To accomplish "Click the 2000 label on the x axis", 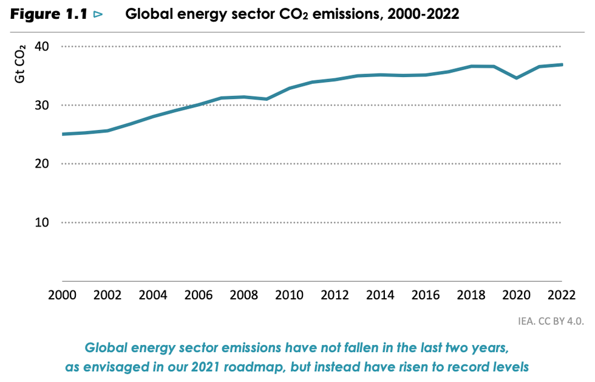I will tap(63, 295).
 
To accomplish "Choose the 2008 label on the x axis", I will tap(244, 295).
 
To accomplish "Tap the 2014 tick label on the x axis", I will tap(380, 295).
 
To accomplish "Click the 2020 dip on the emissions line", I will tap(516, 78).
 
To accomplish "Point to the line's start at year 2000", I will tap(63, 134).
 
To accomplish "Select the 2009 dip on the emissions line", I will tap(267, 99).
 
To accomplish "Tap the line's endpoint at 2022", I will tap(561, 64).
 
